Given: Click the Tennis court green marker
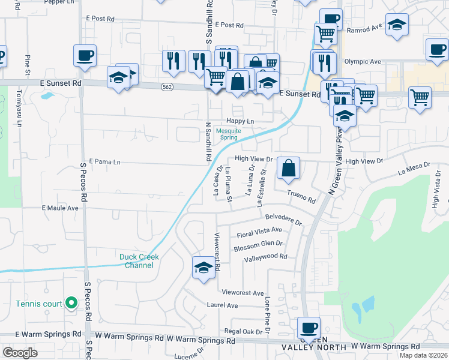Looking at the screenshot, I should (x=71, y=303).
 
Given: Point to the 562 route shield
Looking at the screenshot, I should (x=167, y=87).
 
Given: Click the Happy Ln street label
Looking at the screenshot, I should (x=240, y=121).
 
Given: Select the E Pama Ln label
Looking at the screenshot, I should (x=104, y=162).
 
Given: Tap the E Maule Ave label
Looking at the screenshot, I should (x=60, y=208).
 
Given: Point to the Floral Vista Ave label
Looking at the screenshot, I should (x=259, y=230).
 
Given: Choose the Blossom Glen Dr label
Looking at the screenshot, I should (x=258, y=244).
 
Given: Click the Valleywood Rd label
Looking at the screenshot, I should (x=266, y=257).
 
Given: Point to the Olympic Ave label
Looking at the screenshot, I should (x=363, y=62).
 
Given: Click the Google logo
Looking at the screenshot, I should (x=20, y=353).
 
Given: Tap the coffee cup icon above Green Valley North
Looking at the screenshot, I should (x=309, y=328).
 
